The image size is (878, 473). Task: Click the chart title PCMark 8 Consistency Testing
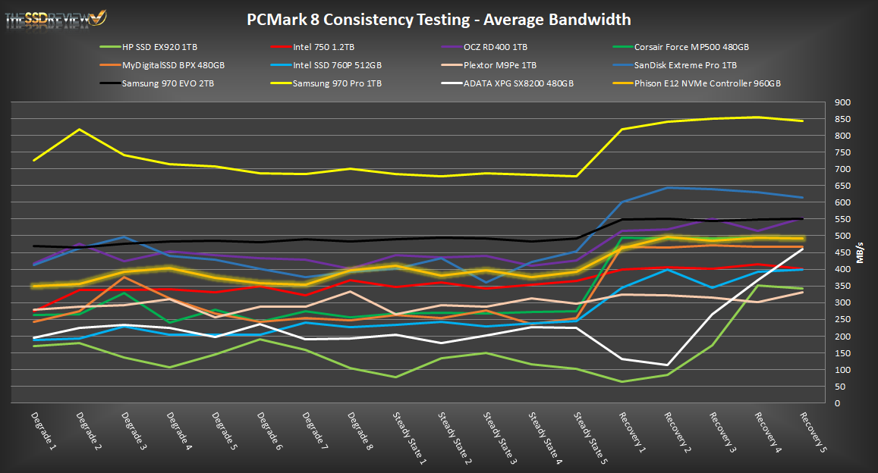(439, 19)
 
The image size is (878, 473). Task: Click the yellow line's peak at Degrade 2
(79, 130)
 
